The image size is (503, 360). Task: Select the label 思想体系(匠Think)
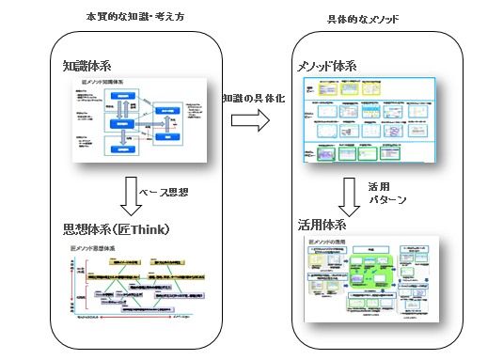(114, 228)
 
